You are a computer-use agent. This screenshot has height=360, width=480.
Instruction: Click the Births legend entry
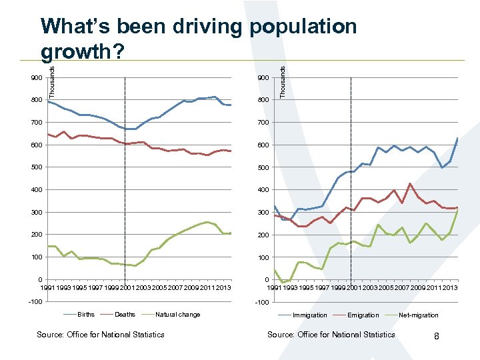click(86, 315)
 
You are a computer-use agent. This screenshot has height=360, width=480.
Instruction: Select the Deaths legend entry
click(125, 315)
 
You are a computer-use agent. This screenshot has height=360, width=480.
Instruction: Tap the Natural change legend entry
click(177, 315)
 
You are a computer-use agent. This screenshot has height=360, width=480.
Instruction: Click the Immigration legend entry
click(309, 315)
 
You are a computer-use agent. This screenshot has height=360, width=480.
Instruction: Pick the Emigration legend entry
click(363, 315)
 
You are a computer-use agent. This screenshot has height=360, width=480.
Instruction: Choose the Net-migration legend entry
click(419, 315)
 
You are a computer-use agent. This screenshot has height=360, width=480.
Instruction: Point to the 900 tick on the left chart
click(36, 78)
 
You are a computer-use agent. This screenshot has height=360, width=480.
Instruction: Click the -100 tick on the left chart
click(35, 302)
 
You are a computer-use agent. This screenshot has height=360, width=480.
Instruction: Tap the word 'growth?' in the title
click(81, 51)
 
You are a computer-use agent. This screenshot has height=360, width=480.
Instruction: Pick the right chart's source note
click(331, 335)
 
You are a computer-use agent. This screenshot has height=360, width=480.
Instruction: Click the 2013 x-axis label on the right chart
click(451, 287)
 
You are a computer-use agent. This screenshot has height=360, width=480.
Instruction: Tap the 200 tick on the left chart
click(36, 235)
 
